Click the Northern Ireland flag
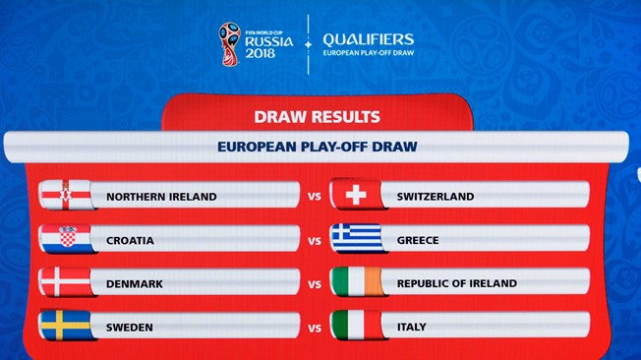pos(65,196)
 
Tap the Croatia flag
pos(65,239)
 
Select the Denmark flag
pos(65,282)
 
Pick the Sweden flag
pos(65,326)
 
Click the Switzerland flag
pos(356,196)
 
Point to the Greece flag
pos(356,239)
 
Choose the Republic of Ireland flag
pos(356,282)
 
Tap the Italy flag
pos(356,326)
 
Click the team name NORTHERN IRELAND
pos(161,197)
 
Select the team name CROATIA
pos(130,240)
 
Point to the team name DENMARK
pos(134,283)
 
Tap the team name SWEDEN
pos(129,327)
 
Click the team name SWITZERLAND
pos(435,197)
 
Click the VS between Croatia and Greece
pos(315,240)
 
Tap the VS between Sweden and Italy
pos(315,327)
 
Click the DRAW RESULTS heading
pos(317,116)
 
